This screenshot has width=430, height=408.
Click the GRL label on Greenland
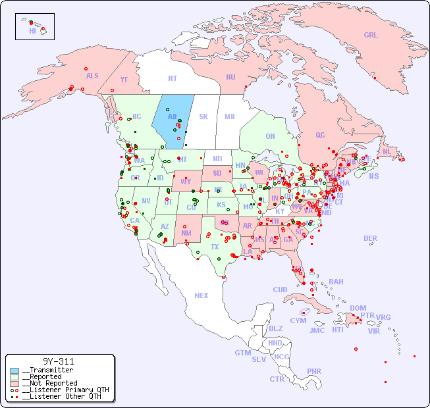(371, 36)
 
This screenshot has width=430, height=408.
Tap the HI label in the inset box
(32, 31)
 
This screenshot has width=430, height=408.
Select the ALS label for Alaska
(92, 76)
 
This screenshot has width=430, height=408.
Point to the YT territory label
(124, 80)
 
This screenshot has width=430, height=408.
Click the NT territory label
(172, 78)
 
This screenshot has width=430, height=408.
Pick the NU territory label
(230, 77)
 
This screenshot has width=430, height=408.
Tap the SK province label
(203, 117)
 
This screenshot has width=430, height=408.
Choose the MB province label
(229, 117)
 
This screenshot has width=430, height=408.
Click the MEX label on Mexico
(202, 295)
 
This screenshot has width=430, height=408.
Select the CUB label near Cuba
(280, 290)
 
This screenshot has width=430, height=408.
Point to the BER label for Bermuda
(370, 238)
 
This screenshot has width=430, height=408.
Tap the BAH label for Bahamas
(336, 282)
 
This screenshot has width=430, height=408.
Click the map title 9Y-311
(59, 361)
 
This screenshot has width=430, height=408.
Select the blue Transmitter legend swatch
(14, 370)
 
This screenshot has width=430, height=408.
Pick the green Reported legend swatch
(14, 377)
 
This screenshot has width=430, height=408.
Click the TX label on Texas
(215, 247)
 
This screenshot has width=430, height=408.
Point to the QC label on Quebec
(320, 135)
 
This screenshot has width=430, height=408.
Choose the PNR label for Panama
(314, 371)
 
